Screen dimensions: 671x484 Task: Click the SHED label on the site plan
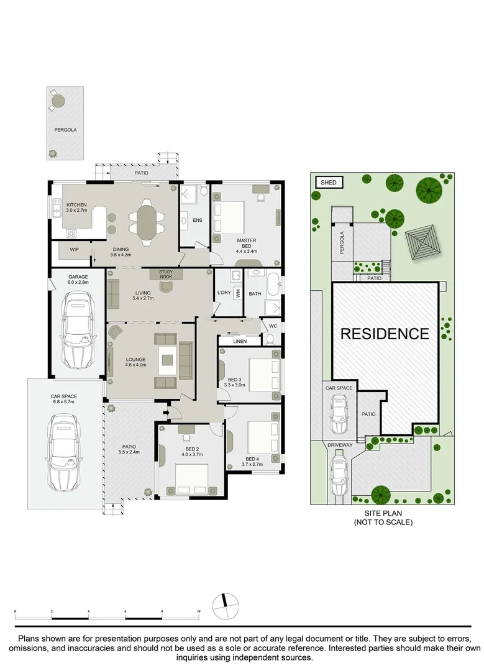click(329, 182)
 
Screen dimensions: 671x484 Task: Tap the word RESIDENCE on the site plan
click(385, 334)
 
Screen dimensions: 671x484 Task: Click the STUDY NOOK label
click(165, 273)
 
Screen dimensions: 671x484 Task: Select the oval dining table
click(147, 221)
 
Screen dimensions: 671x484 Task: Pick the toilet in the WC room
click(269, 339)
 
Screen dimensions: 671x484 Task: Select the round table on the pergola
click(58, 100)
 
